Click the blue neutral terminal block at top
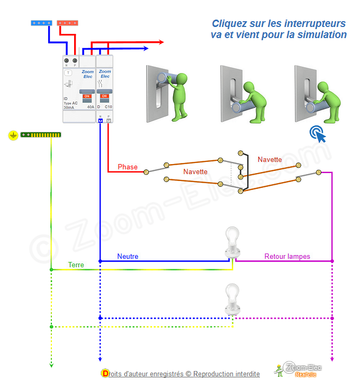coord(41,23)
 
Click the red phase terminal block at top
coord(67,23)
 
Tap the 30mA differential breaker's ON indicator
coord(87,96)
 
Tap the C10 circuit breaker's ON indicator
coord(104,96)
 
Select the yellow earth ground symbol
coord(13,135)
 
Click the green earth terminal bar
coord(41,135)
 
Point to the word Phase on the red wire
coord(128,167)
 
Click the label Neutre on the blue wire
coord(128,257)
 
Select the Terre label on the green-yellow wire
coord(76,265)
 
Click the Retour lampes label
coord(287,257)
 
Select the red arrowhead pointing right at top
coord(160,42)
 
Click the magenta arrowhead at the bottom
coord(332,365)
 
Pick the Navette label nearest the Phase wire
coord(195,171)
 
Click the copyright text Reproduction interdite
coord(227,374)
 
